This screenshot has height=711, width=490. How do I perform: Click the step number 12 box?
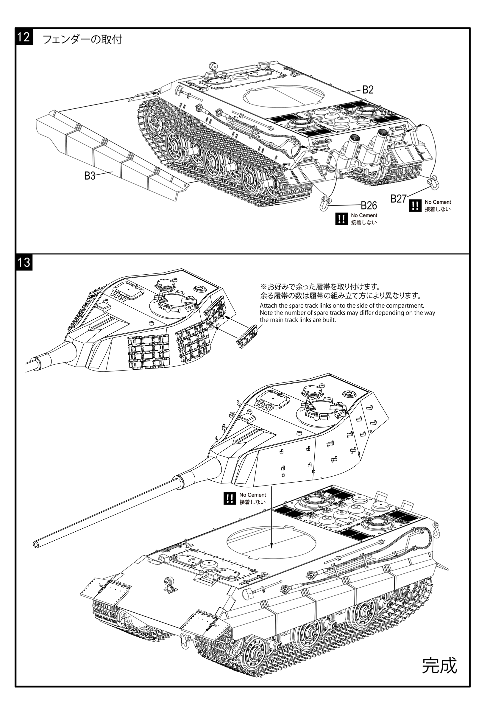24,37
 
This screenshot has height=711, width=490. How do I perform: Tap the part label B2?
368,90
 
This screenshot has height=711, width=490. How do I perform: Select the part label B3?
90,176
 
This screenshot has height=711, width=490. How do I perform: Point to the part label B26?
369,205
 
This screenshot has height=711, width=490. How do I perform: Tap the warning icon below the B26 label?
341,219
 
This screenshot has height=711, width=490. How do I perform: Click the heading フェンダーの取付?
82,39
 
